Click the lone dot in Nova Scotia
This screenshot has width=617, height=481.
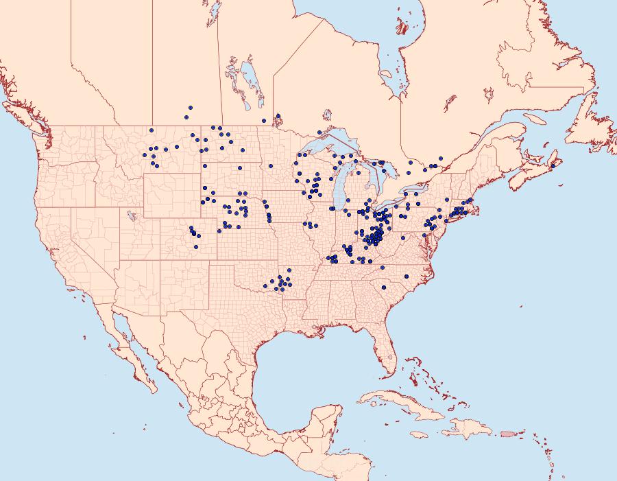553,165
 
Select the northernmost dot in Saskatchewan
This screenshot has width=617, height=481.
189,108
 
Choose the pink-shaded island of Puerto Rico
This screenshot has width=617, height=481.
507,434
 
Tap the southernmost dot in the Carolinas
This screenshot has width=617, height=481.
384,287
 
